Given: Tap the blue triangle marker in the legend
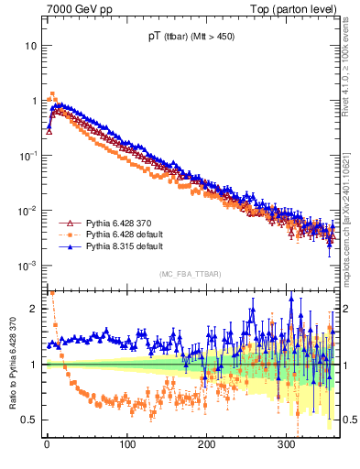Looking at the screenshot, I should [x=67, y=246].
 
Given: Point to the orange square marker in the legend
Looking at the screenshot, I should [x=67, y=234].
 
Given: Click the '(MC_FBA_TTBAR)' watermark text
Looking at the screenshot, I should [x=190, y=274].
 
